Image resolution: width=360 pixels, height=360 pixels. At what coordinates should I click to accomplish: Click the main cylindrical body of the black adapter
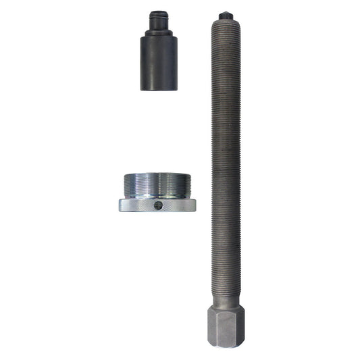(159, 64)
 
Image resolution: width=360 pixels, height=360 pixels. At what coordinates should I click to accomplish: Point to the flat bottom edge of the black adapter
(159, 88)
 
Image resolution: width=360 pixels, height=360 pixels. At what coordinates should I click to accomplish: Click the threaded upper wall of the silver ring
(158, 185)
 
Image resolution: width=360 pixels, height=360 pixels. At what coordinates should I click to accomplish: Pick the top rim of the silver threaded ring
(158, 174)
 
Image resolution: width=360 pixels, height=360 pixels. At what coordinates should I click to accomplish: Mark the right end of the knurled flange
(195, 205)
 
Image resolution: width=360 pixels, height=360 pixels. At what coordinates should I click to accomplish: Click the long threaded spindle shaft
(226, 155)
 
